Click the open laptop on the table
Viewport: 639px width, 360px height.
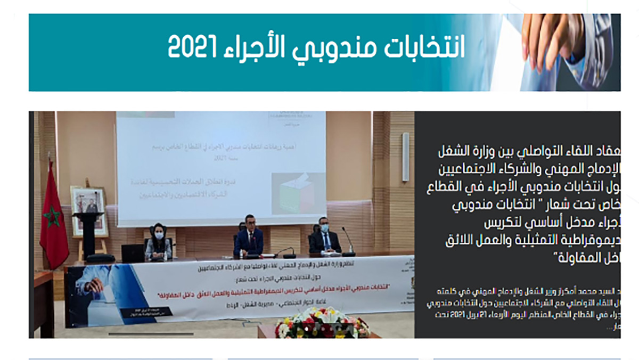133,253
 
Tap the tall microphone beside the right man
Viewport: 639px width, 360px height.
348,240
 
